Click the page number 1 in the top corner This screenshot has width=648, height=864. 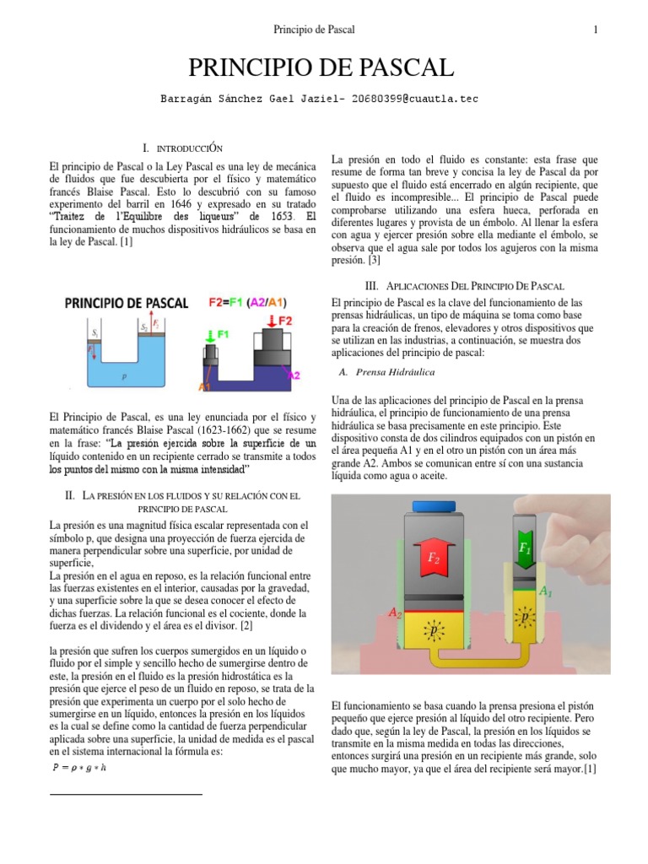coord(596,30)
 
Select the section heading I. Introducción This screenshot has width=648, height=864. coord(181,148)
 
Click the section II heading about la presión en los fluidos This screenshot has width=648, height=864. coord(181,502)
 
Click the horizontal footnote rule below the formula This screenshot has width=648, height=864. coord(127,794)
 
